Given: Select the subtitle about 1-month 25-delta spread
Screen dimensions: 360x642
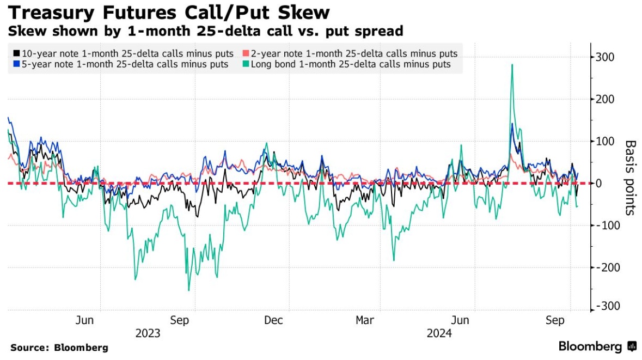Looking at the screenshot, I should click(205, 31).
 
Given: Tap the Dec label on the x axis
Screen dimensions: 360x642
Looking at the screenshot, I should click(273, 320).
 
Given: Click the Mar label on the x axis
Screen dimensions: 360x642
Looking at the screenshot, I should click(364, 320).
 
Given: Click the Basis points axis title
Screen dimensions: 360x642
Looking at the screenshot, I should click(630, 178).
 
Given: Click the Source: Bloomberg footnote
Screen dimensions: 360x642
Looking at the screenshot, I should click(59, 347).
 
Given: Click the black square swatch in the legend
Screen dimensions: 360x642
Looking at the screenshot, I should click(16, 53).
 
